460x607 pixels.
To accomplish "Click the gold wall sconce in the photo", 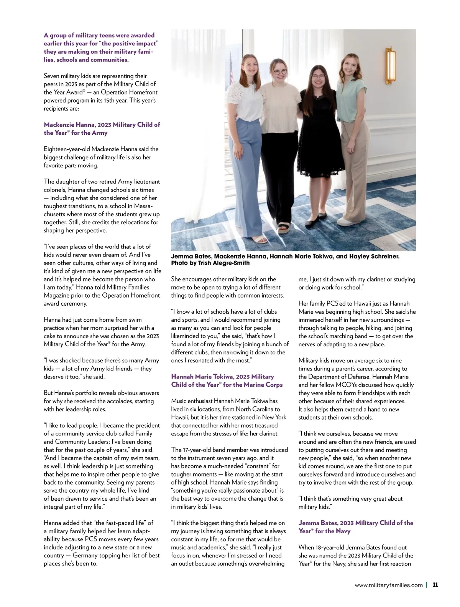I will pyautogui.click(x=391, y=67).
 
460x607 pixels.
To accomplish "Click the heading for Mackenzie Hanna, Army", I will pyautogui.click(x=102, y=129).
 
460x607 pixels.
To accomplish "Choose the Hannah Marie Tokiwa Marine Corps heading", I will pyautogui.click(x=227, y=380).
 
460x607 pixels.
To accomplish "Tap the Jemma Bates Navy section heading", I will pyautogui.click(x=356, y=527).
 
